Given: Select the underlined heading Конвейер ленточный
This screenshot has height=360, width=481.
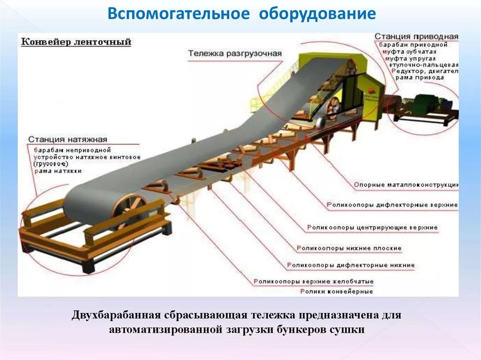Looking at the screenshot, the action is [76, 42].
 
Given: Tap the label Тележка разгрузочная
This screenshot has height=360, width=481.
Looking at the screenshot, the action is [235, 54].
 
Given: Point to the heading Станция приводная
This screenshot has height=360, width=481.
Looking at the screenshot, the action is [416, 37].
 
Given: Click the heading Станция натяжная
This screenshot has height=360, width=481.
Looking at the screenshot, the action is [68, 139].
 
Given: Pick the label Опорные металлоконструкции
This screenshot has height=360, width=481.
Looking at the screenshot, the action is [405, 185].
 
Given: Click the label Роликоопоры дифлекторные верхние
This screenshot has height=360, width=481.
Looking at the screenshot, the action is [392, 205].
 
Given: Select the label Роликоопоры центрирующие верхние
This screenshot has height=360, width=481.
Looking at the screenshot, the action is [372, 228].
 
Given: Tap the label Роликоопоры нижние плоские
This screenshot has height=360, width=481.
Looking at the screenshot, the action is [349, 248].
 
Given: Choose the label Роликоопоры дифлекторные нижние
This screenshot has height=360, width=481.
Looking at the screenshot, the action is [351, 265].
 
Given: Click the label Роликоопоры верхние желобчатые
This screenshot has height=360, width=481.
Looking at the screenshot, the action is [314, 282].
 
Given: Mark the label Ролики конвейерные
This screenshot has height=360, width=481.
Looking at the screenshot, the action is [336, 291].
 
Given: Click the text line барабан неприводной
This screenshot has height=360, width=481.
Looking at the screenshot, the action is [71, 149].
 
